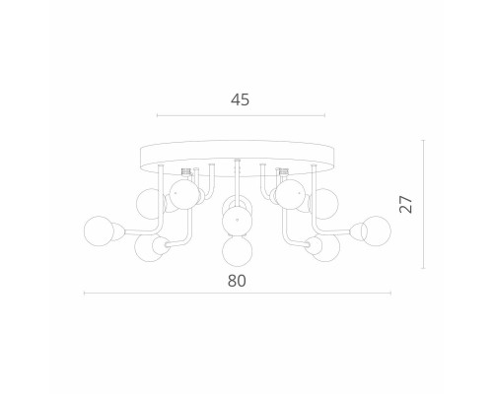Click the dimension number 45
[240, 99]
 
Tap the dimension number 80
[237, 281]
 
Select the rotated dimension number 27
[405, 204]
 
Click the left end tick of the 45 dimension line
[157, 115]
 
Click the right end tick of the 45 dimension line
[324, 115]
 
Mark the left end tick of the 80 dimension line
[85, 294]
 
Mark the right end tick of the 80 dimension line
[390, 294]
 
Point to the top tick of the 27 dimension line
[423, 140]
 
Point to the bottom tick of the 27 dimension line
[423, 268]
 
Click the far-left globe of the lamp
[99, 231]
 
